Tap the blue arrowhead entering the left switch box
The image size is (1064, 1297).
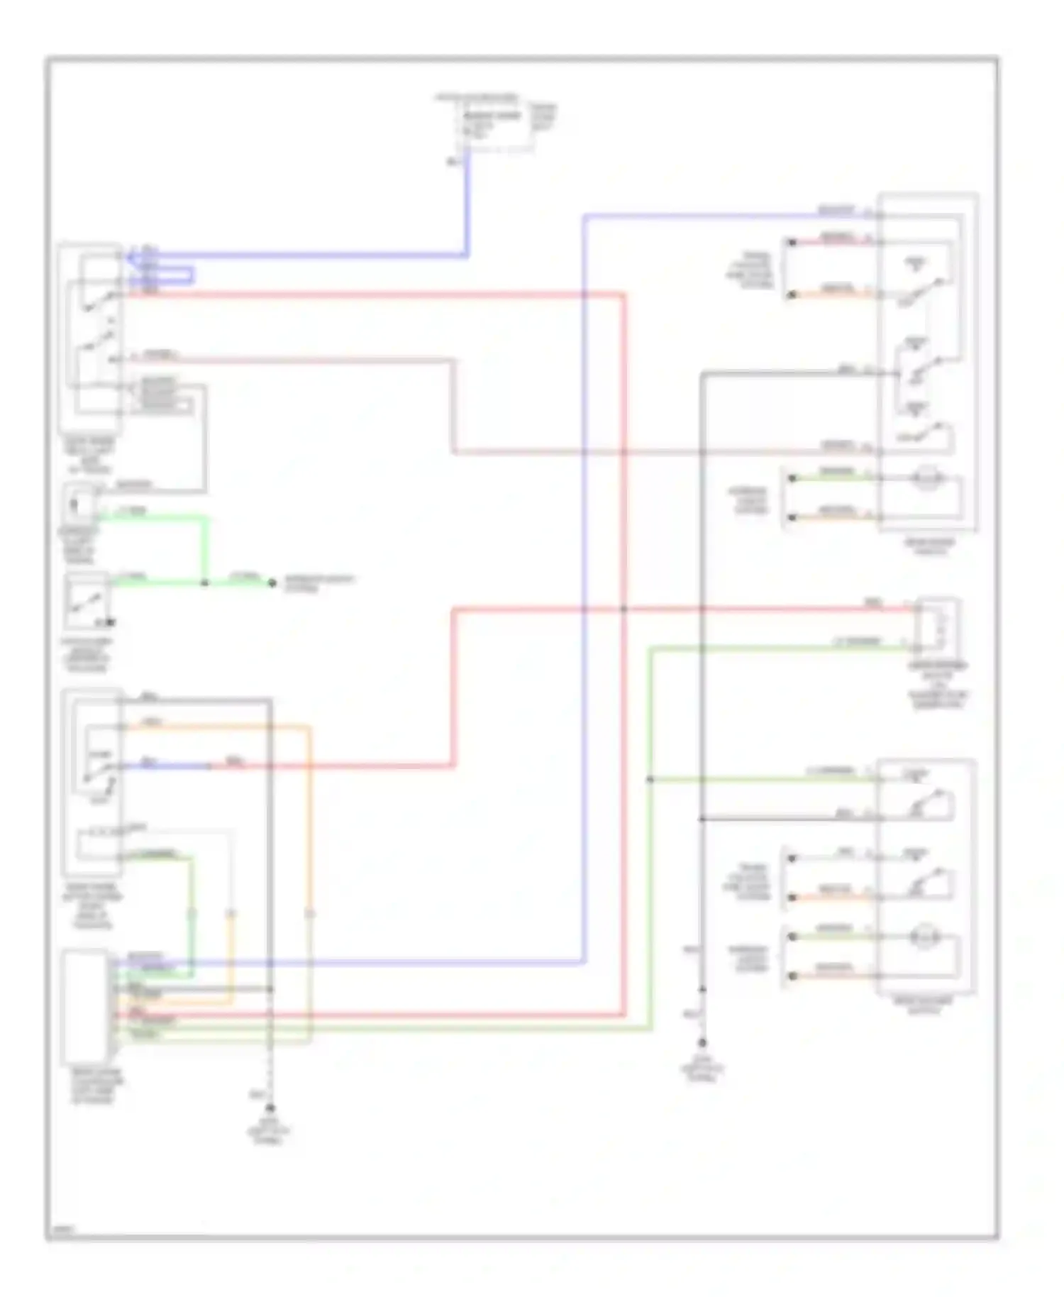click(132, 257)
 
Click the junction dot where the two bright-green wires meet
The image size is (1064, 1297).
click(205, 583)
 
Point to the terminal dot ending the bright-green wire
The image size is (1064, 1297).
click(271, 583)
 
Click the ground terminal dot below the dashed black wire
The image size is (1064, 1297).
click(270, 1108)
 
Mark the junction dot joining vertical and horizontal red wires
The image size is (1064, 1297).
click(624, 609)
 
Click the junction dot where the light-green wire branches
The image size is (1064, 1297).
click(650, 780)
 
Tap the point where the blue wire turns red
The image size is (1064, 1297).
click(210, 766)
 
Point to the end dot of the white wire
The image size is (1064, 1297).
click(792, 858)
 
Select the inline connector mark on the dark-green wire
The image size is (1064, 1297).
click(191, 914)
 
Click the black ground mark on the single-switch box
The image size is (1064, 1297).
click(109, 623)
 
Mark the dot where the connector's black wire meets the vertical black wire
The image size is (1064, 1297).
click(270, 989)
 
